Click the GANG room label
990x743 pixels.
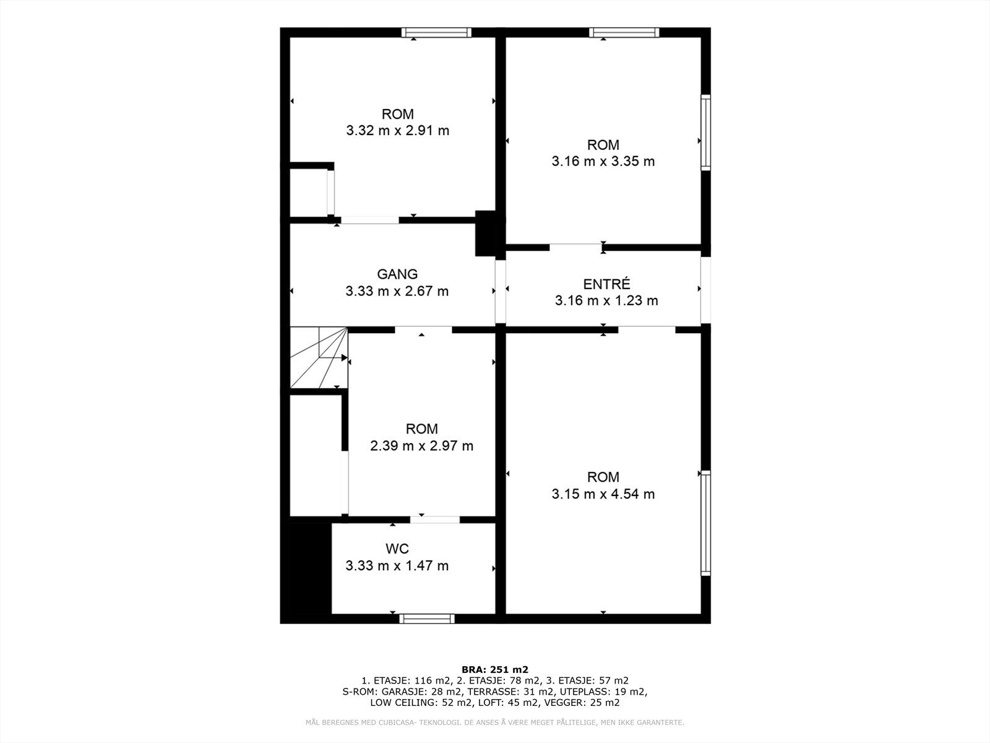click(x=397, y=274)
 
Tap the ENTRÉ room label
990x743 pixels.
click(x=606, y=284)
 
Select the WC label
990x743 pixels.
click(x=397, y=549)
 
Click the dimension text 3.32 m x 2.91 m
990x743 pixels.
click(x=397, y=131)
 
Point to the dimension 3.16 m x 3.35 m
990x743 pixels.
click(x=603, y=162)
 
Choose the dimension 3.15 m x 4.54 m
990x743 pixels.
click(x=603, y=494)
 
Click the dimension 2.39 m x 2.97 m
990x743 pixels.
click(x=421, y=446)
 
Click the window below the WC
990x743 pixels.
click(x=427, y=618)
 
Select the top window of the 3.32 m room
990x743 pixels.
click(x=436, y=33)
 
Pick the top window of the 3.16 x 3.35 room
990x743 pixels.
click(x=624, y=33)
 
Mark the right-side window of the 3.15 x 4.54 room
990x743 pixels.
click(x=705, y=523)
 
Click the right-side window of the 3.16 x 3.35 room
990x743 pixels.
click(x=705, y=132)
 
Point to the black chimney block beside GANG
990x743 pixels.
click(x=485, y=233)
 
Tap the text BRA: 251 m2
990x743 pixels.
click(x=495, y=669)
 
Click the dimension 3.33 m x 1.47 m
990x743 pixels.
click(x=397, y=565)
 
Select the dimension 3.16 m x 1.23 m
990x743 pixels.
click(x=606, y=301)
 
